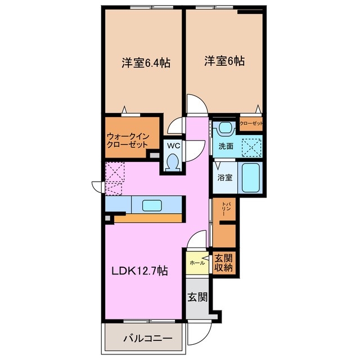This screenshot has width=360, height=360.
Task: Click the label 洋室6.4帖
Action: [x=146, y=63]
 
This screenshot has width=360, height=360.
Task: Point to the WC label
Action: [x=173, y=145]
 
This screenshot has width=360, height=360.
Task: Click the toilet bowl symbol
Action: [x=173, y=162]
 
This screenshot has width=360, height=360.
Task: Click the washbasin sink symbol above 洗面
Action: [x=226, y=129]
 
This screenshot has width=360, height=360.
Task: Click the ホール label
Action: [x=196, y=263]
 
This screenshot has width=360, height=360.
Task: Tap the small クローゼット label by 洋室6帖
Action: [x=251, y=124]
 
